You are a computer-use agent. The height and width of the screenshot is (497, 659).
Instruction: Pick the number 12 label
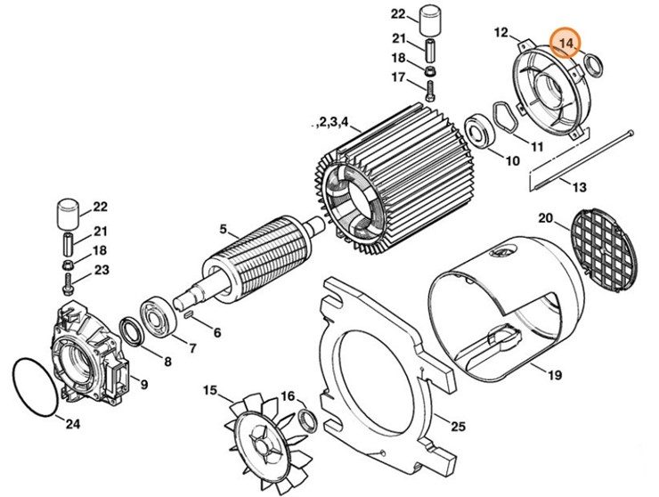(500, 33)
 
